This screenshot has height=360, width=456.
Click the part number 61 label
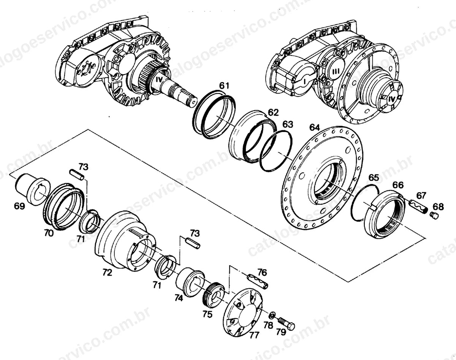pyautogui.click(x=224, y=86)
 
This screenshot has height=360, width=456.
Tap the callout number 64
pyautogui.click(x=315, y=127)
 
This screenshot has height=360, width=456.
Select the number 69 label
pyautogui.click(x=19, y=206)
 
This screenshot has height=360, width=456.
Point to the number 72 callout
pyautogui.click(x=107, y=273)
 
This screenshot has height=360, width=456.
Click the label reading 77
pyautogui.click(x=254, y=335)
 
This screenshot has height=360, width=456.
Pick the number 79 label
pyautogui.click(x=281, y=332)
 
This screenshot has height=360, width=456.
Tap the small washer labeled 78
pyautogui.click(x=272, y=315)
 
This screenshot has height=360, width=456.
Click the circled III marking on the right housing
pyautogui.click(x=336, y=72)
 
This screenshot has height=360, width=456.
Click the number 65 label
pyautogui.click(x=374, y=178)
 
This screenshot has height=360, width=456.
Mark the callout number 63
pyautogui.click(x=288, y=124)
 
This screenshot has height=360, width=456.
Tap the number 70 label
pyautogui.click(x=49, y=234)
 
